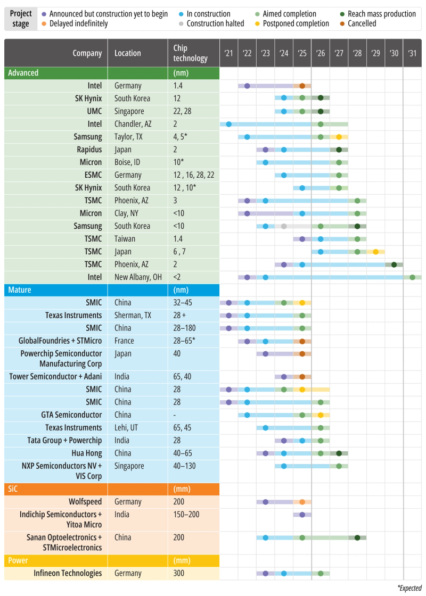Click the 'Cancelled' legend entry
click(x=362, y=23)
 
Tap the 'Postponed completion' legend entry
click(x=296, y=23)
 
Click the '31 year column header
click(x=412, y=53)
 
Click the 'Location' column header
click(x=128, y=53)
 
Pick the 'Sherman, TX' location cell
click(x=133, y=315)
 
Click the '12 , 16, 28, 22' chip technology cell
click(x=192, y=175)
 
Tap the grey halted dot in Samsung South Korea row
click(x=284, y=226)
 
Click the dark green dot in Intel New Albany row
click(x=413, y=277)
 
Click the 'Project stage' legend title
click(x=21, y=19)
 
